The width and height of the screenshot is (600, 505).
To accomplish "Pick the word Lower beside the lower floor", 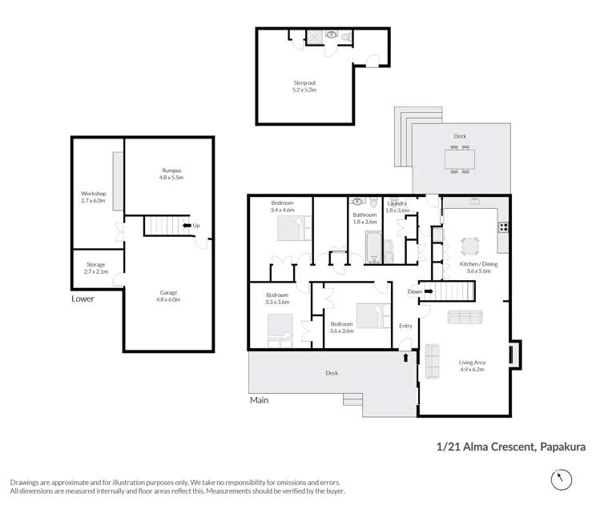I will pyautogui.click(x=82, y=299).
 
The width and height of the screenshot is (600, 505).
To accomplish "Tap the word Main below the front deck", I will pyautogui.click(x=260, y=400).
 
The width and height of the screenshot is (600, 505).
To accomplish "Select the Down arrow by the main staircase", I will pyautogui.click(x=421, y=291).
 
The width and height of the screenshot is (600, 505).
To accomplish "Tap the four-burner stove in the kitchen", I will pyautogui.click(x=503, y=226).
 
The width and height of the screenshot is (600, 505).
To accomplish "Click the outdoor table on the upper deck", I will pyautogui.click(x=459, y=159).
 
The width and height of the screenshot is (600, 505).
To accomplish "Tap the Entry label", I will pyautogui.click(x=405, y=326).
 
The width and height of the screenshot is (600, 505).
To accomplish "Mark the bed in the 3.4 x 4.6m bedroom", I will pyautogui.click(x=289, y=229).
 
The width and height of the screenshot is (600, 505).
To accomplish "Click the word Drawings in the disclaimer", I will pyautogui.click(x=27, y=482).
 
